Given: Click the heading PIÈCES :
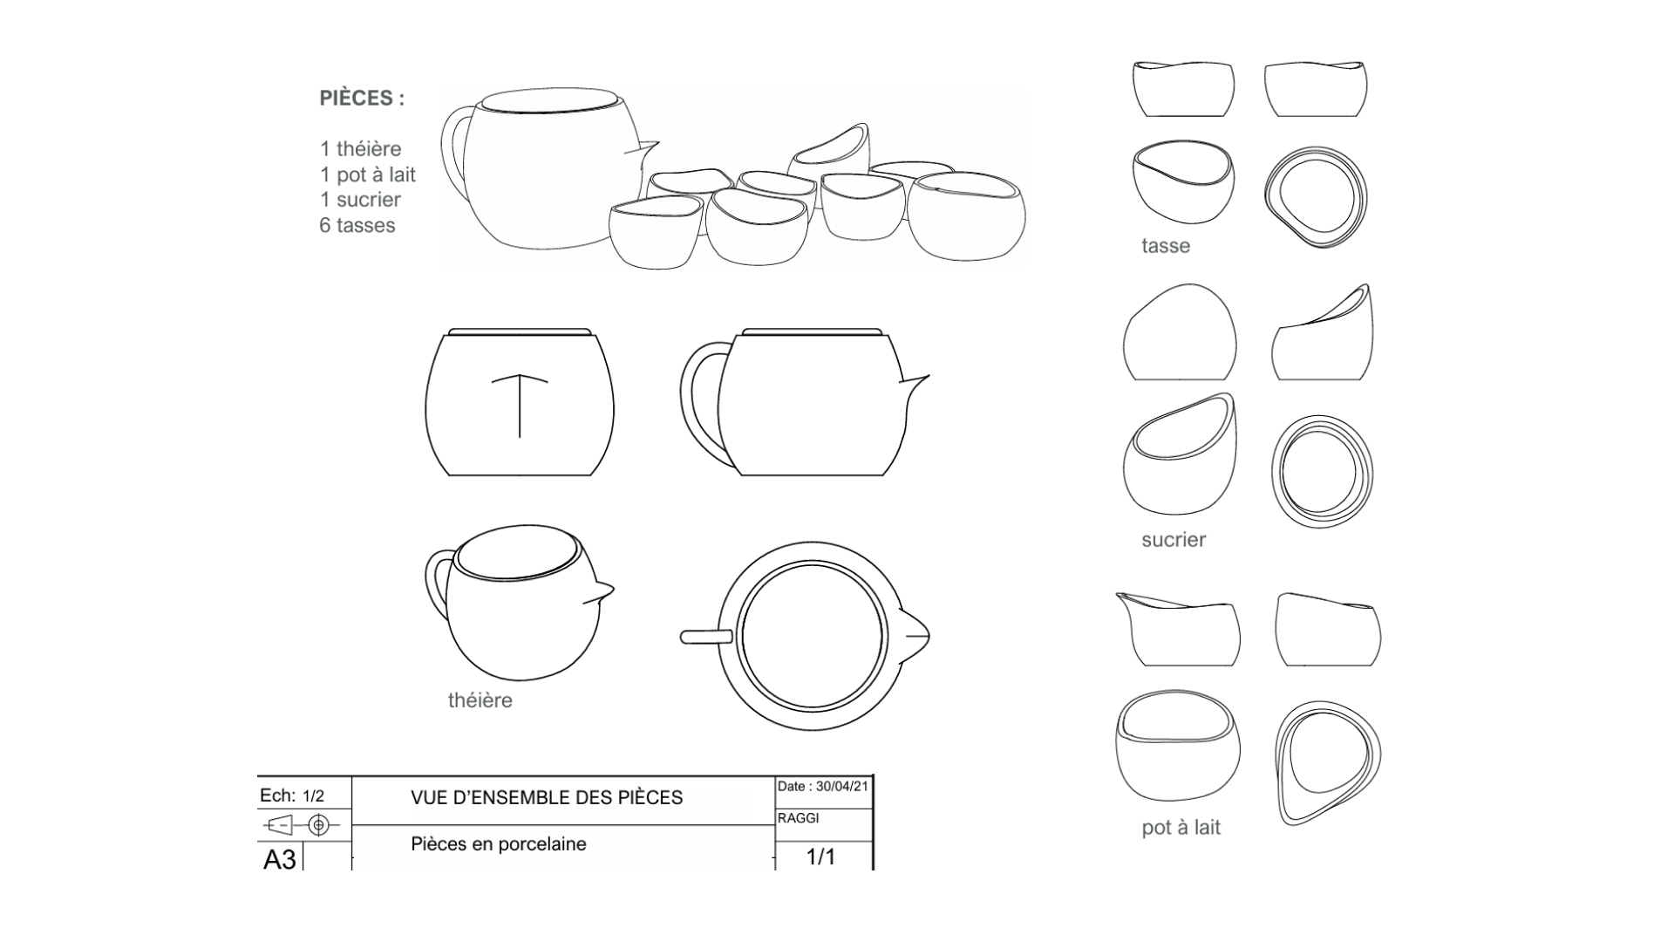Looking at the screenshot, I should [362, 99].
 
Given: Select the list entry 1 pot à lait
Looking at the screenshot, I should [367, 174].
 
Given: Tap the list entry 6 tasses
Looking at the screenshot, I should [357, 226].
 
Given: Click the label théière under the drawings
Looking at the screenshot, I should [480, 700].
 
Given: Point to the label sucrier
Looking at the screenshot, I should [1174, 540].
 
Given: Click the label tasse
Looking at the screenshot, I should [1166, 246].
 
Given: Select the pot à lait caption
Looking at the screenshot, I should [1181, 828].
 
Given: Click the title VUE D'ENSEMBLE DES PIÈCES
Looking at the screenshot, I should [547, 798].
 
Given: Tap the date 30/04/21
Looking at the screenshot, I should [841, 787].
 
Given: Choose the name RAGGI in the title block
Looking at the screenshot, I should [799, 818].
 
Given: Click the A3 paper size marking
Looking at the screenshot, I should [280, 860].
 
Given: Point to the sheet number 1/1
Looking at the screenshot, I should [820, 857].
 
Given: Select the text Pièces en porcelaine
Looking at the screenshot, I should [498, 844].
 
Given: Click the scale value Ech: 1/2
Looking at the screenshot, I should [292, 796].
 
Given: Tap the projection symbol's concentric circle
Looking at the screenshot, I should [319, 824].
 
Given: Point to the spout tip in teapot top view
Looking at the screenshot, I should [926, 637].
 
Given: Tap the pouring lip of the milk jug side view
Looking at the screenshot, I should [1123, 597].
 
